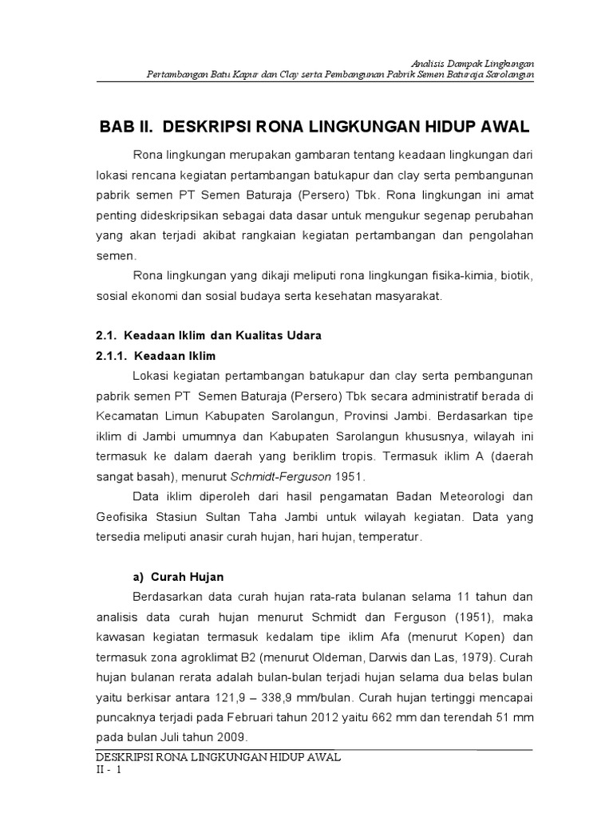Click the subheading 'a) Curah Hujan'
point(177,576)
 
